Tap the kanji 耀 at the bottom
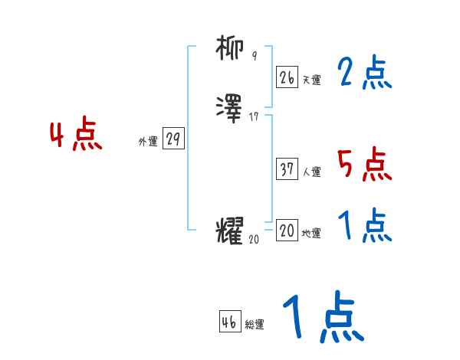point(230,231)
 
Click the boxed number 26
point(287,77)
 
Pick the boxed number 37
point(287,169)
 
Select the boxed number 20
point(287,231)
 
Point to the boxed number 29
point(173,139)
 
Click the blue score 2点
point(365,74)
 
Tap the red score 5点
point(365,165)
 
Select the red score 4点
point(76,136)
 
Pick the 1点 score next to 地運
point(365,226)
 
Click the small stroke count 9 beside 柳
point(255,56)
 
